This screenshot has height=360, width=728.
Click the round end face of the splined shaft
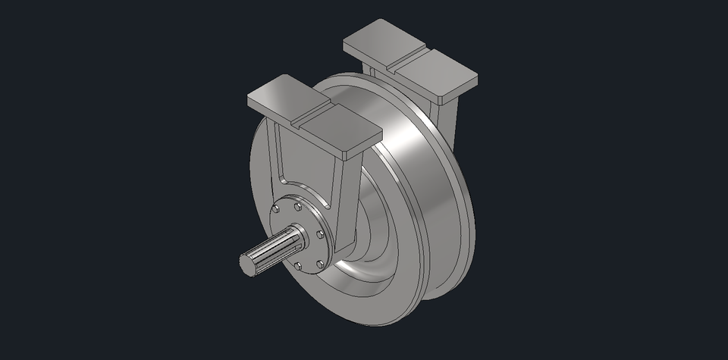[x=249, y=263]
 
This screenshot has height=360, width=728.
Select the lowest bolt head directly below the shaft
[x=299, y=266]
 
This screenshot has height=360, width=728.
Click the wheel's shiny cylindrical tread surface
[x=413, y=189]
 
